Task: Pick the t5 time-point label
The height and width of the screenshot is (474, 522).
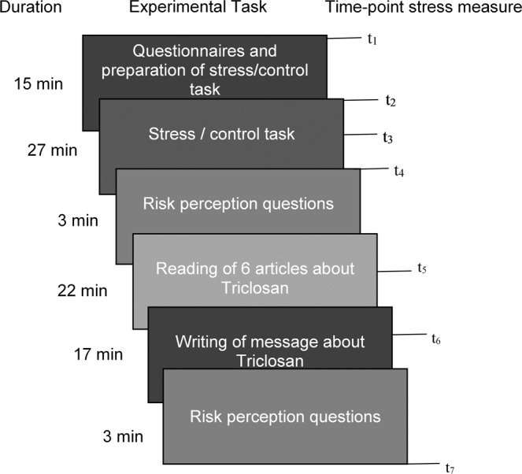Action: point(423,268)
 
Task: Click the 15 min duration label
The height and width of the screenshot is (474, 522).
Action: point(35,83)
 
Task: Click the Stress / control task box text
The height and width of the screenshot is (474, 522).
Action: point(221,134)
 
